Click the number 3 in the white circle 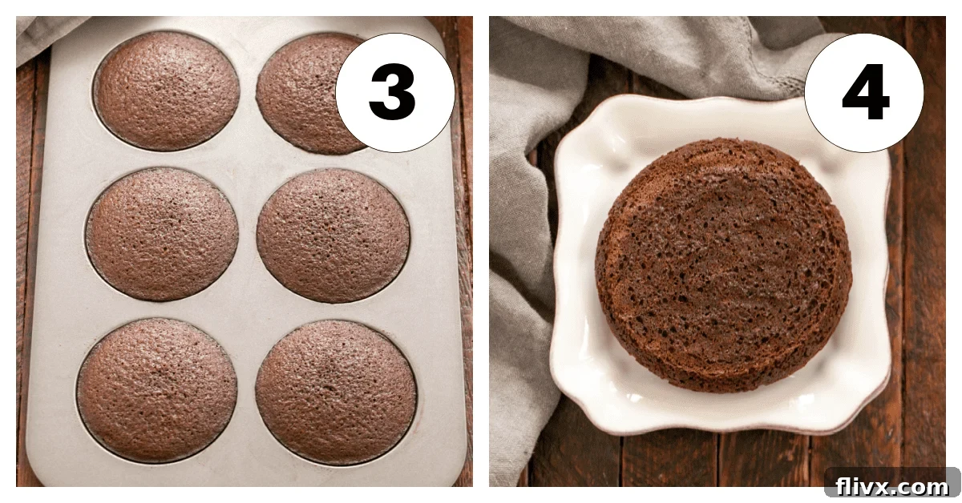click(393, 93)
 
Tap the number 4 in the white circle click(865, 93)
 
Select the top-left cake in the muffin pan click(167, 90)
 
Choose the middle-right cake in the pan click(333, 235)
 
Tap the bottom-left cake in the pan click(157, 388)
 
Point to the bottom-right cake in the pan click(336, 391)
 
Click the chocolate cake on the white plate click(723, 264)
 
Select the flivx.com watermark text click(891, 485)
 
